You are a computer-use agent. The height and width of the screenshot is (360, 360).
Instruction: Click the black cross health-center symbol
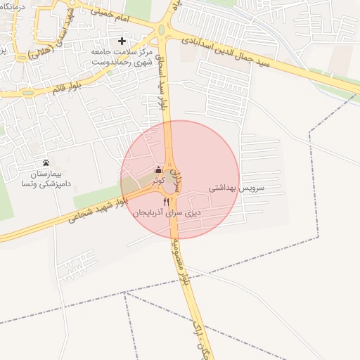[122, 41]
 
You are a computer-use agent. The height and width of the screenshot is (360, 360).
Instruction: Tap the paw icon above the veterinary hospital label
[46, 162]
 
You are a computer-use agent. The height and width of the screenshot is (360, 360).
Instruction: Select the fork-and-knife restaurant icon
[166, 201]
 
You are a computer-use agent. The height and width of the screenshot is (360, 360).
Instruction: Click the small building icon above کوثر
[158, 170]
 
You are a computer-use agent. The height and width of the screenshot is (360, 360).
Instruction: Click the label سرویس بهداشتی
[236, 189]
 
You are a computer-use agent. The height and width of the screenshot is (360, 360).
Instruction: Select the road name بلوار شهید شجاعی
[98, 213]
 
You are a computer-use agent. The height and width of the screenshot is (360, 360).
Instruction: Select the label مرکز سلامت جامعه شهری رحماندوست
[122, 57]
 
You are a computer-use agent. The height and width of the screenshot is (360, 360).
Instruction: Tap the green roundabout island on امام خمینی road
[161, 30]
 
